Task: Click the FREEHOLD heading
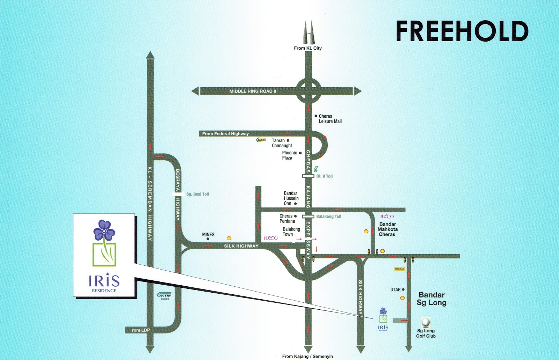462,31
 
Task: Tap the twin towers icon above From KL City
308,33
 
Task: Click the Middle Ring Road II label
253,91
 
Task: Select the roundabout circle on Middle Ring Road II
308,91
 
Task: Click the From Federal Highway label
225,134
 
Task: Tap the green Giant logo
261,140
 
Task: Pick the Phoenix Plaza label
289,155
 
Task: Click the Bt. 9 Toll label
324,176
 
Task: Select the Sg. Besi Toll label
197,194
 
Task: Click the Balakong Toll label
328,216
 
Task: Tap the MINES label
208,235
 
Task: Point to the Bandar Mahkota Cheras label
387,229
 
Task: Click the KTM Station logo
164,296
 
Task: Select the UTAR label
395,290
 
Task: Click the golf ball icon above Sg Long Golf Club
426,322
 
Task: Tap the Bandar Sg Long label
431,299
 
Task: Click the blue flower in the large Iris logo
104,230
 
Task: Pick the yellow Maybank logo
399,269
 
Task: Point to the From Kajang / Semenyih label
307,356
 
